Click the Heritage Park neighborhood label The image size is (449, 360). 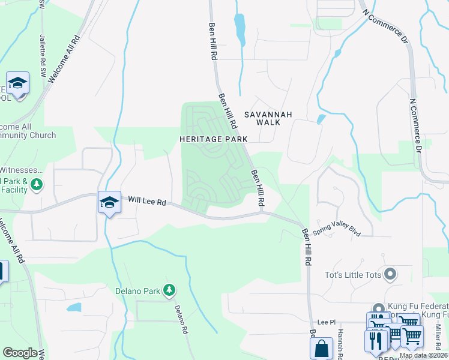tap(213, 139)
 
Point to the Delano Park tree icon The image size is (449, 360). tap(169, 291)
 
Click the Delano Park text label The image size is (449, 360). tap(137, 292)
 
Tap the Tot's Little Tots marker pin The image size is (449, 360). tap(390, 275)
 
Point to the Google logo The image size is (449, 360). tap(19, 352)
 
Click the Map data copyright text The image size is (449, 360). tap(424, 355)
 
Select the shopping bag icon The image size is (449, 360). tap(321, 348)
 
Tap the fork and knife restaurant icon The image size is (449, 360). tap(376, 340)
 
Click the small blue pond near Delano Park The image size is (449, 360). tap(74, 308)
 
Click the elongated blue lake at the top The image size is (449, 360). tap(240, 28)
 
